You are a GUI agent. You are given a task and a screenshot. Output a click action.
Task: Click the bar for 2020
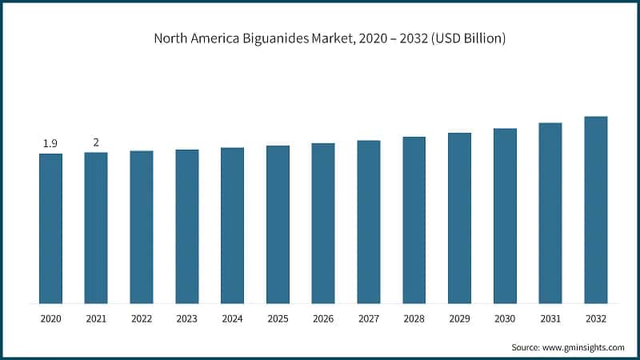point(50,228)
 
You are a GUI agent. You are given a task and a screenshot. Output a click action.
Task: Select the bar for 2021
point(96,227)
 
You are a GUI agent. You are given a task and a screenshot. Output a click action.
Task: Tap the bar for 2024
point(232,225)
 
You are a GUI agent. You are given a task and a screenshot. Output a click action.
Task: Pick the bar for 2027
point(369,222)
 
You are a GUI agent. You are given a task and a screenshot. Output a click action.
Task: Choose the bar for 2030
point(505,215)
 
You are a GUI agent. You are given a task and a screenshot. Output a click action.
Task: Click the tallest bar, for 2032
point(596,210)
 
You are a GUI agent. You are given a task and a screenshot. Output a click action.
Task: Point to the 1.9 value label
point(50,143)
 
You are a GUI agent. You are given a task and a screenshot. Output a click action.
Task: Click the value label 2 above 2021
point(96,142)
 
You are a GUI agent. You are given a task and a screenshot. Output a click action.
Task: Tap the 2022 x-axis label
point(142,318)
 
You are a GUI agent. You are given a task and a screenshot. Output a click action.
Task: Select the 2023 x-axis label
point(187,318)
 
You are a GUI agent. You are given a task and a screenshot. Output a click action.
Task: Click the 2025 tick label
point(278,318)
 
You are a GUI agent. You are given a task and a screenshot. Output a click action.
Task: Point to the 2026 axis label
point(323,318)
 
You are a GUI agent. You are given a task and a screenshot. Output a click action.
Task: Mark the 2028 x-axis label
point(414,318)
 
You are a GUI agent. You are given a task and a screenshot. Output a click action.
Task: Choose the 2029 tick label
point(459,318)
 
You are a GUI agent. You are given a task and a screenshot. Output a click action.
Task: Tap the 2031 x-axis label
point(550,318)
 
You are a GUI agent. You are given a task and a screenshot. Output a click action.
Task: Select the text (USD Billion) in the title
point(464,38)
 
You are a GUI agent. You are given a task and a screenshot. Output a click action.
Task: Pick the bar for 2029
point(459,218)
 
